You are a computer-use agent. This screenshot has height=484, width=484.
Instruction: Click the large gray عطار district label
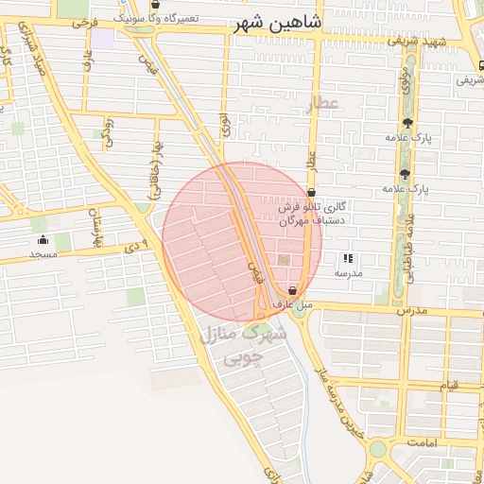coord(322,103)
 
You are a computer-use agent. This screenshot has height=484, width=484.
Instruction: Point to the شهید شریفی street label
coord(447,43)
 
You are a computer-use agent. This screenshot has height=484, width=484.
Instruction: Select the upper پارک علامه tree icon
coord(406,122)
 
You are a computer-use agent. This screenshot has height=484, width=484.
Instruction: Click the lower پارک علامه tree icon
coord(406,173)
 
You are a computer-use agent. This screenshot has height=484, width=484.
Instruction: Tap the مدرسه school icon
coord(348,257)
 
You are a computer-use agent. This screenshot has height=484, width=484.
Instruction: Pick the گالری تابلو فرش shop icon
coord(311,193)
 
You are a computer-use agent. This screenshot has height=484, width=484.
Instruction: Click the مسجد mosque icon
coord(43,239)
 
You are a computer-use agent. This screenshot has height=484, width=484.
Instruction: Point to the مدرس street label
coord(412,310)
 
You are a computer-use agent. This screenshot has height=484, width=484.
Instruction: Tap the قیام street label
coord(450,385)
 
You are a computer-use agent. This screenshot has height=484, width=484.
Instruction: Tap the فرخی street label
coord(83,20)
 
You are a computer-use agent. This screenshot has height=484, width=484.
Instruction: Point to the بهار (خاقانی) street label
coord(148,170)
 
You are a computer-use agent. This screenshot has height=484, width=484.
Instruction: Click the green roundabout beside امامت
coord(377,448)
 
